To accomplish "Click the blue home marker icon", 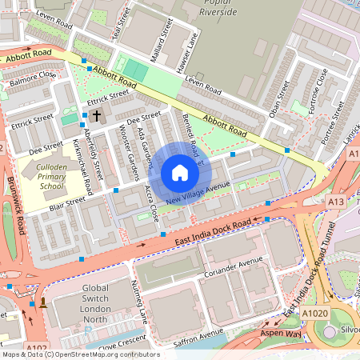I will (179, 173).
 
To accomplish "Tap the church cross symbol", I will (97, 117).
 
